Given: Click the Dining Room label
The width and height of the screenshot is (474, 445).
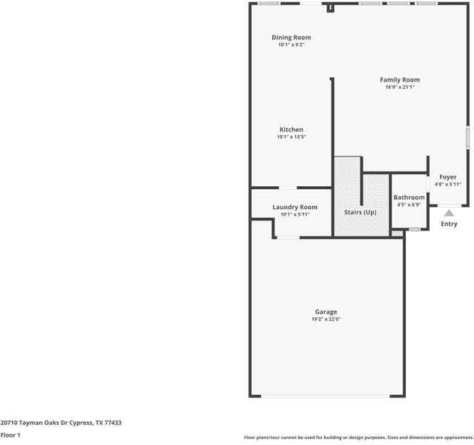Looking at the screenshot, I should point(291,37).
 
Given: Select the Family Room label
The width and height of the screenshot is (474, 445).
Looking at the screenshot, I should point(400,80).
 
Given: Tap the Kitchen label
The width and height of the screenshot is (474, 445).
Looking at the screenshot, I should point(291,130).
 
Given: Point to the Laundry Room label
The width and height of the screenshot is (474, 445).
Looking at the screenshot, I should point(294,207).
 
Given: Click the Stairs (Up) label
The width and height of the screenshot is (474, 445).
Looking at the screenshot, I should point(361,212).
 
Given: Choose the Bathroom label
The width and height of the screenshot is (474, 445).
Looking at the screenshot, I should point(409,197).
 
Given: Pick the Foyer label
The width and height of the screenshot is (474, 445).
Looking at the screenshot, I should point(448,177).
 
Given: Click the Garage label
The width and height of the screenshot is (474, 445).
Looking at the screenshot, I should point(326,312).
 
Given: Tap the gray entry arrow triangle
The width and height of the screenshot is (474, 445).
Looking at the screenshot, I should point(449,213).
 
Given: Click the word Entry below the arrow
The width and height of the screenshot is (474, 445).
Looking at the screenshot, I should point(450,224).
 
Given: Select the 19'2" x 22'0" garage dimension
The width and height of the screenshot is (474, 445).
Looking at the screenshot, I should point(326,320).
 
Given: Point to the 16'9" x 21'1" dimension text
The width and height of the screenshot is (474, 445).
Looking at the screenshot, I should point(400,88).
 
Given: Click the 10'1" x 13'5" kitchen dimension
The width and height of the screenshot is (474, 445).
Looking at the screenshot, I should point(291,137).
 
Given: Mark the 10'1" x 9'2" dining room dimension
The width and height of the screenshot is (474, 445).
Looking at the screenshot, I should point(291,44).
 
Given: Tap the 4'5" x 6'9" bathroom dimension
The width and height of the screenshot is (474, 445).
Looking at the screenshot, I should point(409,205).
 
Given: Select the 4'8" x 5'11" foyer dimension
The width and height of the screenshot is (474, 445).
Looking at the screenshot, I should point(448,185).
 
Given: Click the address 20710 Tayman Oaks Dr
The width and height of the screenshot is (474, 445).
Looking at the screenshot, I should point(61,423).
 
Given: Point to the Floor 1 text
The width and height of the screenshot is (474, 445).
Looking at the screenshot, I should point(10,435).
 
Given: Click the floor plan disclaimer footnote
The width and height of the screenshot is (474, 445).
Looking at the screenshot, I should point(358,438).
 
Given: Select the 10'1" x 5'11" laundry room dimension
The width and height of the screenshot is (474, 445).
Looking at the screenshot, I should point(294,214).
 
